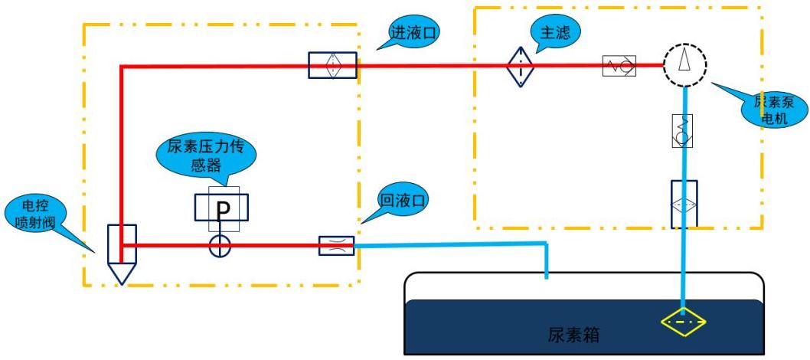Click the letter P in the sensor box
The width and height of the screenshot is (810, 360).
tap(223, 209)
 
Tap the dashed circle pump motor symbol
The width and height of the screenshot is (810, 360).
tap(684, 64)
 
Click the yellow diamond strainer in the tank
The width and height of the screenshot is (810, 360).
tap(684, 322)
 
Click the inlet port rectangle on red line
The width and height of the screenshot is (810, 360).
tap(332, 65)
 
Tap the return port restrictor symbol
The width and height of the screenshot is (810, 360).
tap(336, 246)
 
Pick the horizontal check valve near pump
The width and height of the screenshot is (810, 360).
tap(619, 65)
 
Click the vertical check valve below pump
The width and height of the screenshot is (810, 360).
tap(683, 129)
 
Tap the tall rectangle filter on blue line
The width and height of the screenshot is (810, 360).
tap(684, 204)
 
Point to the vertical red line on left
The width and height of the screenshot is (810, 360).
tap(122, 146)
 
